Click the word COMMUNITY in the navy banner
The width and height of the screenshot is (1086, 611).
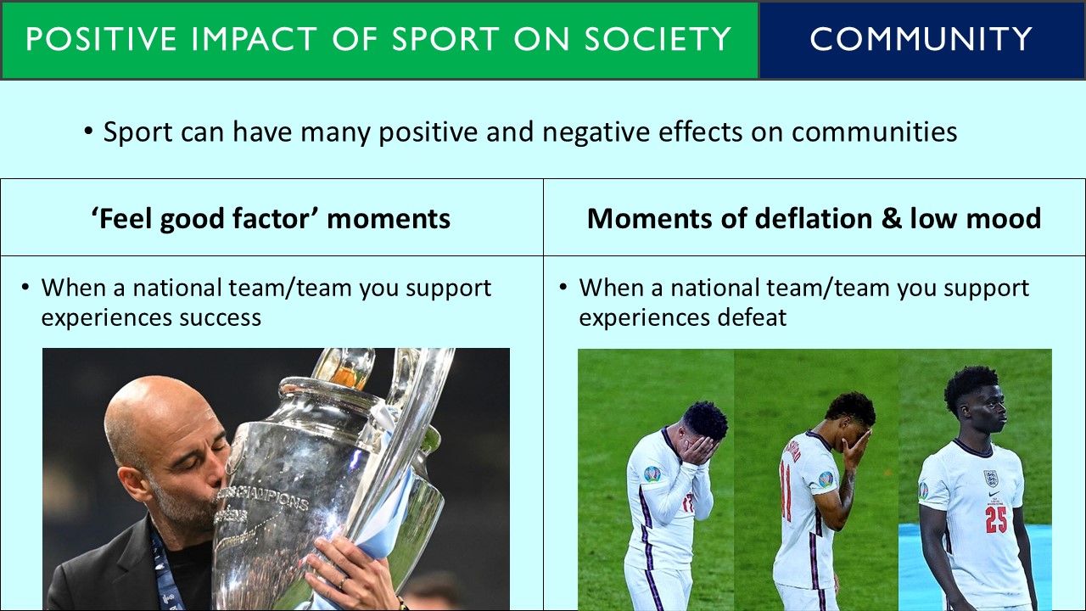(921, 39)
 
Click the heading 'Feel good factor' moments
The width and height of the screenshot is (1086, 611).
(271, 218)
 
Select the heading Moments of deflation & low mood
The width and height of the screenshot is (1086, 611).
(814, 218)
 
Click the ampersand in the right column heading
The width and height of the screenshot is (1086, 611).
(887, 218)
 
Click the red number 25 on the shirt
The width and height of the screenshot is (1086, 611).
(995, 519)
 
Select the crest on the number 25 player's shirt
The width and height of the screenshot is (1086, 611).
(990, 478)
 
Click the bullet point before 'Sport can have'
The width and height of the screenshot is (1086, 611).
(89, 132)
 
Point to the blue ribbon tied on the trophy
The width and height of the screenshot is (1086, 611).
(390, 509)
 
